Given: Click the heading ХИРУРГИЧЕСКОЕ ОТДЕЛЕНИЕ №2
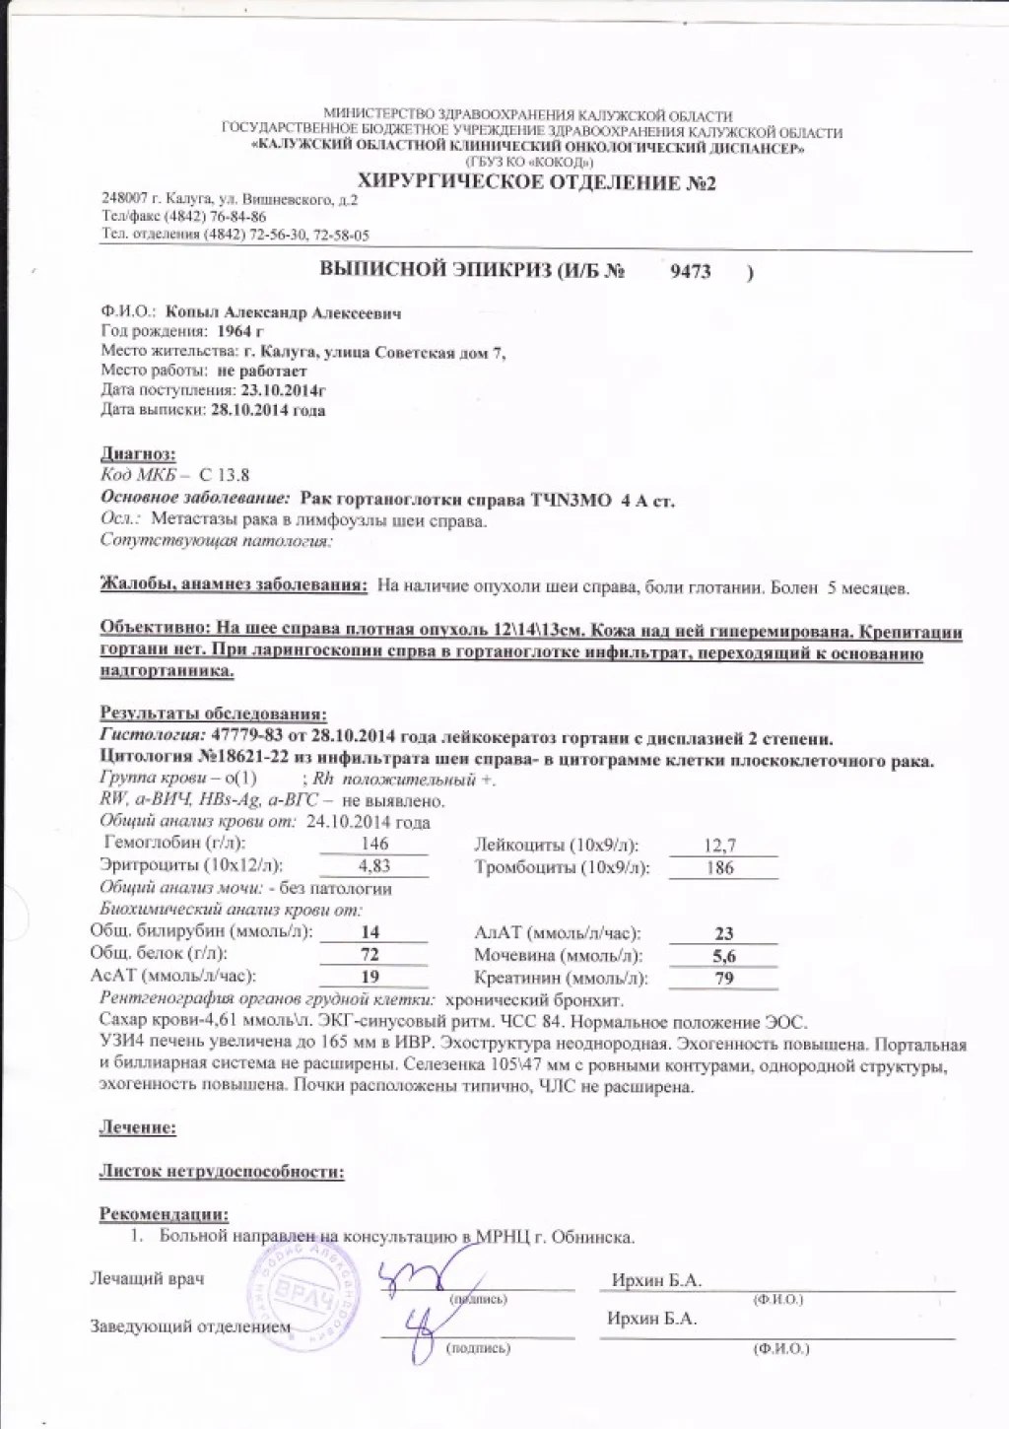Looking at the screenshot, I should (536, 183).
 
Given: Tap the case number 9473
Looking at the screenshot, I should (691, 272).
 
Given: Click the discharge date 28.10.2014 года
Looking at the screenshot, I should (268, 410).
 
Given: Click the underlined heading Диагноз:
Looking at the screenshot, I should (138, 454).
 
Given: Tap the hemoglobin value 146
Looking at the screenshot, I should (374, 844).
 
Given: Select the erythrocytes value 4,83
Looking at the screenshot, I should (374, 866).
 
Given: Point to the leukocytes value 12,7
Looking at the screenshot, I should (720, 846).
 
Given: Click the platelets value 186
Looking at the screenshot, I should (720, 868).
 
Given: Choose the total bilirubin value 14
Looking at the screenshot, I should (370, 932).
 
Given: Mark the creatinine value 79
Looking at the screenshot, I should (724, 979).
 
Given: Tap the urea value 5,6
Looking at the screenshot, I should (724, 956).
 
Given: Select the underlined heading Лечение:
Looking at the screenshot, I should (138, 1127).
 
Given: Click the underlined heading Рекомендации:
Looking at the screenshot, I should (164, 1214).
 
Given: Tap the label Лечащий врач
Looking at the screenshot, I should (148, 1279).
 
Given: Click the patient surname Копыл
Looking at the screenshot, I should (193, 313).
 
